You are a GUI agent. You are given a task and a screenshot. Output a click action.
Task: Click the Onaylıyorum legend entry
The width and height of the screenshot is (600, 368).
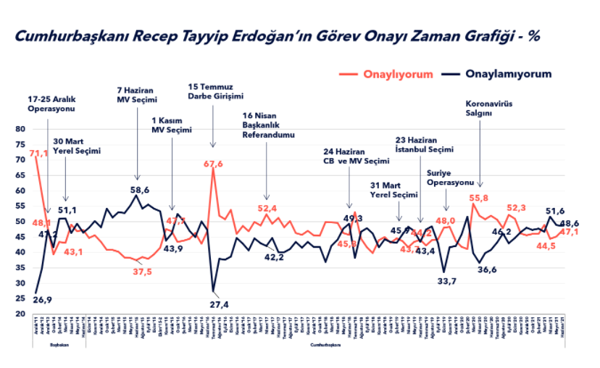[398, 74]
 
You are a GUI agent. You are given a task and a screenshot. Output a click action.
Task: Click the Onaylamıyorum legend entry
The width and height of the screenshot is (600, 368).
[508, 74]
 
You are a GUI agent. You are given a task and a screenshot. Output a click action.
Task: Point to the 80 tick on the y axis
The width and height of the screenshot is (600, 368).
[20, 129]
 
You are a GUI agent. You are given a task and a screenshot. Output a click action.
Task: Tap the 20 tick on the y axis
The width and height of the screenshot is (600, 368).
[20, 314]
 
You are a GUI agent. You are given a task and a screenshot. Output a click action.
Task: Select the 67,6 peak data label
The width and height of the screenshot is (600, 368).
[213, 164]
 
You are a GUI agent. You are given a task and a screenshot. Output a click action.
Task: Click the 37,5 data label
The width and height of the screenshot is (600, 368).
[141, 272]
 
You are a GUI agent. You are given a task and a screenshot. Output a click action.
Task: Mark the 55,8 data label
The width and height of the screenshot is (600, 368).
[479, 198]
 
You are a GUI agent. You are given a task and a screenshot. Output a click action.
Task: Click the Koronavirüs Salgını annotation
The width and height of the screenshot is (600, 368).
[488, 108]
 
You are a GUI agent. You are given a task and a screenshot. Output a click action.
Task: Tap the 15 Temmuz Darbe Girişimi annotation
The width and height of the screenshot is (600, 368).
[214, 91]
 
